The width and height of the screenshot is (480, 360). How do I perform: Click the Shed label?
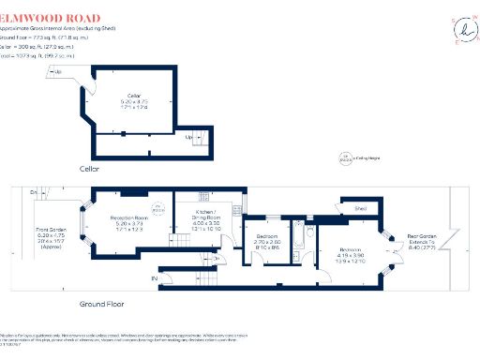361,209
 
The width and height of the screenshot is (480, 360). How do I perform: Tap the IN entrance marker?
155,278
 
